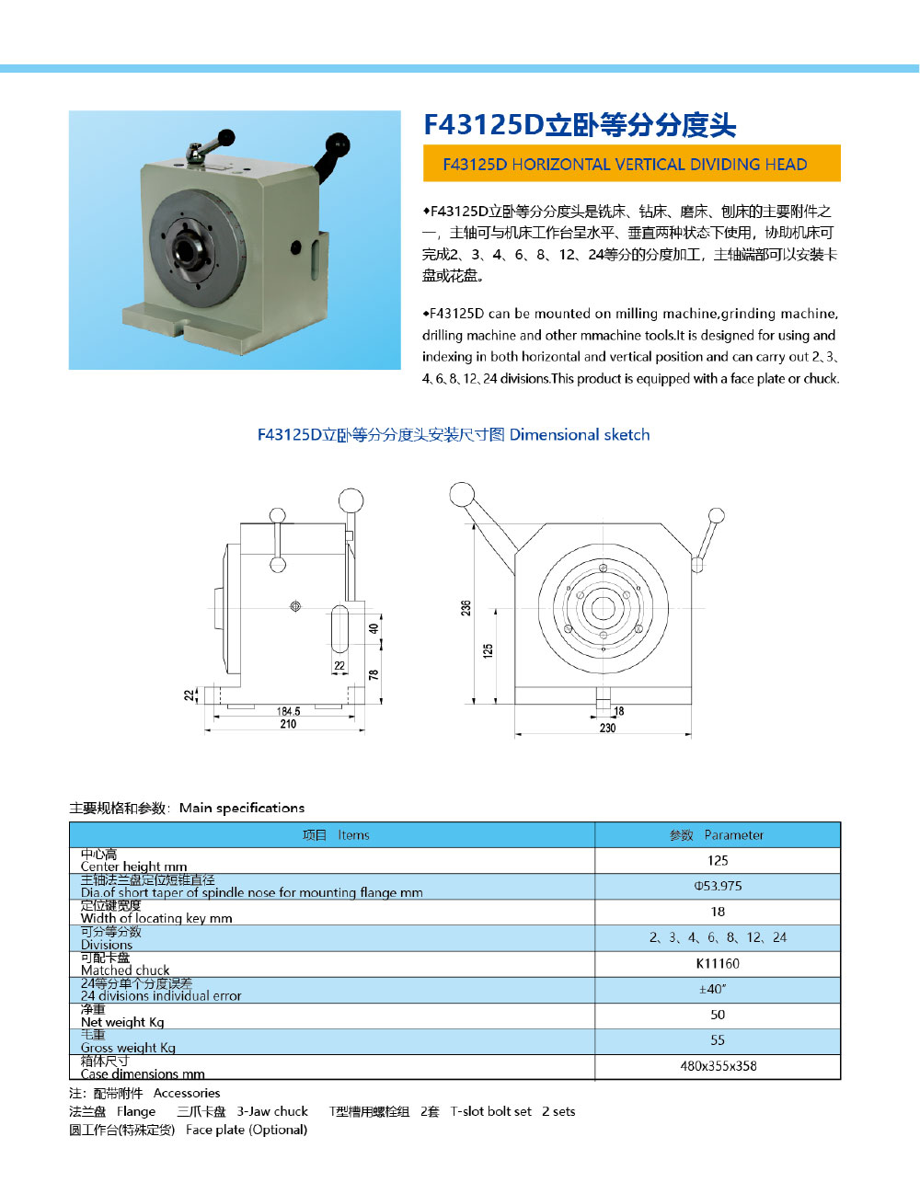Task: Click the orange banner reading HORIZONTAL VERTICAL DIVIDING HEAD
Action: point(631,164)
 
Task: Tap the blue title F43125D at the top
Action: point(580,125)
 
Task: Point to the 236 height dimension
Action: point(466,608)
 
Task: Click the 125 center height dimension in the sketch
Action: point(488,649)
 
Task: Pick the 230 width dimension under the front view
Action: point(607,728)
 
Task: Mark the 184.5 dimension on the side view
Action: point(288,711)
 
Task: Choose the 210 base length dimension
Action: point(288,724)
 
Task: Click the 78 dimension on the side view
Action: point(374,674)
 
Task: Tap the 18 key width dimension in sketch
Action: point(618,711)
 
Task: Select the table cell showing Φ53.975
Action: point(718,886)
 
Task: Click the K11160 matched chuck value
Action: point(718,963)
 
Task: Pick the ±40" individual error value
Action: point(713,989)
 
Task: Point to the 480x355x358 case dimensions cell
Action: point(718,1066)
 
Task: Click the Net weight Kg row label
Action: point(122,1021)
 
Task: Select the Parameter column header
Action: point(718,835)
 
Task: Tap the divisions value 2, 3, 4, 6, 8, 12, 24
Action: point(718,937)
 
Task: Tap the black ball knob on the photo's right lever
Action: point(339,144)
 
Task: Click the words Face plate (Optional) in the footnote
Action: point(247,1130)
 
